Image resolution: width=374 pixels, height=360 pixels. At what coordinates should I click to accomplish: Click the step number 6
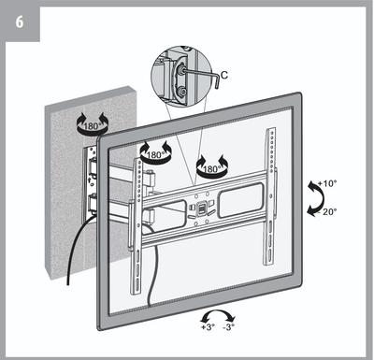20,22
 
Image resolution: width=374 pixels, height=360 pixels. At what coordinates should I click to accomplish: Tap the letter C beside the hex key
224,75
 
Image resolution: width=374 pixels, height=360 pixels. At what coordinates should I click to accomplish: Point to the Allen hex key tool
204,76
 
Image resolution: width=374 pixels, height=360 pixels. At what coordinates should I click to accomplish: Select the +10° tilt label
327,183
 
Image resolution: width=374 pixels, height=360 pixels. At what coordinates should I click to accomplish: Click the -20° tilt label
327,212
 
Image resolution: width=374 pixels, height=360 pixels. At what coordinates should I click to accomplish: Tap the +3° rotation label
208,327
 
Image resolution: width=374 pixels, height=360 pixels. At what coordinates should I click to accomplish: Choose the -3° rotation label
228,327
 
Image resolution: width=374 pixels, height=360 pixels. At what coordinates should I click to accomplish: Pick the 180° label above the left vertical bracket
155,155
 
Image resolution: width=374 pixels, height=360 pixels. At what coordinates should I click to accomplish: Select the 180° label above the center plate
212,169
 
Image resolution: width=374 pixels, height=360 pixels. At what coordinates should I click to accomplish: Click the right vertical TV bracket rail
270,196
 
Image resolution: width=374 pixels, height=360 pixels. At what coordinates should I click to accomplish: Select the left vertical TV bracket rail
137,226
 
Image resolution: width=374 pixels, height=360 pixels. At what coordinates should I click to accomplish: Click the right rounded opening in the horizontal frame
241,200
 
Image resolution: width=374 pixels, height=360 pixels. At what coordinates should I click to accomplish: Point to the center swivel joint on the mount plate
202,209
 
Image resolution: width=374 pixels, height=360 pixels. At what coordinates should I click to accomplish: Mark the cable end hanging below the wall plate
68,283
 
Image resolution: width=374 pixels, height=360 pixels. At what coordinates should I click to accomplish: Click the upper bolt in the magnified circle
180,70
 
